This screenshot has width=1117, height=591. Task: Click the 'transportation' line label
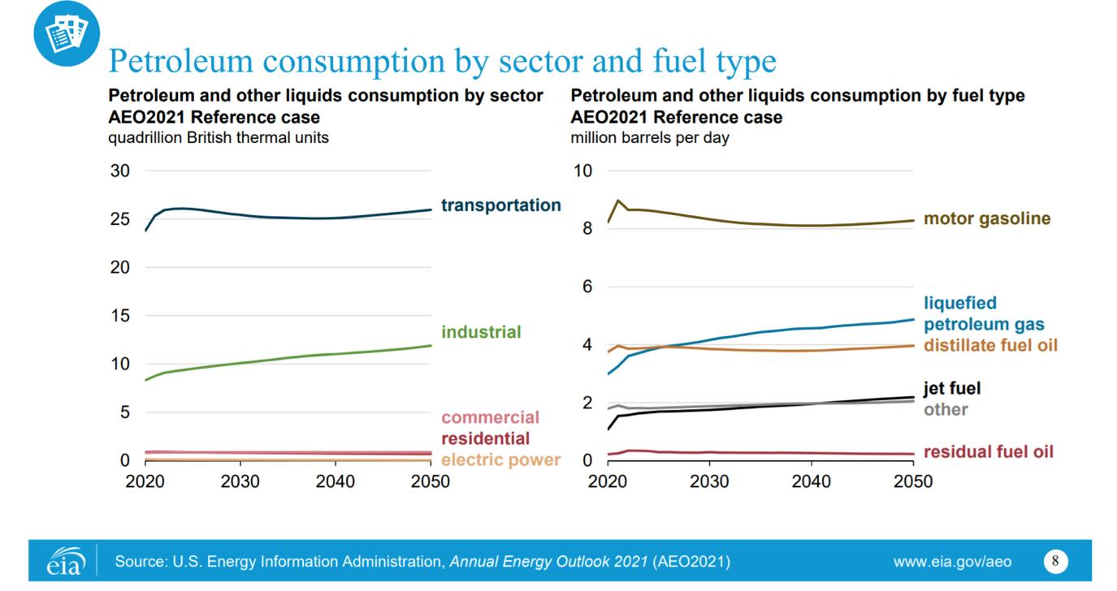pos(500,205)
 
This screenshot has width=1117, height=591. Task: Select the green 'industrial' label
pos(481,332)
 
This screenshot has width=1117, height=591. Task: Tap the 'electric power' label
pos(500,460)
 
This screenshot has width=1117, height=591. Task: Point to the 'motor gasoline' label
pos(987,219)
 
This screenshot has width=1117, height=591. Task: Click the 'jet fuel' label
pos(952,389)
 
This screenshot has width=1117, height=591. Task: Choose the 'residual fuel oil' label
pos(988,451)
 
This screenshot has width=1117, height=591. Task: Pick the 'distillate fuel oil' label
pos(990,346)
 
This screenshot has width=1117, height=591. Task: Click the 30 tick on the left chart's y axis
pos(119,171)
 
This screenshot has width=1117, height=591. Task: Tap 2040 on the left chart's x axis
pos(336,481)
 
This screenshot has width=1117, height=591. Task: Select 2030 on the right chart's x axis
pos(709,481)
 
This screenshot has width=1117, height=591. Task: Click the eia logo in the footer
pos(66,562)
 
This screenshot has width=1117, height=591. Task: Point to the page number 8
pos(1055,561)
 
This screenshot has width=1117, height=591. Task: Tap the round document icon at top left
pos(67,33)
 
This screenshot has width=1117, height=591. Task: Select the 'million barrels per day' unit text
pos(650,138)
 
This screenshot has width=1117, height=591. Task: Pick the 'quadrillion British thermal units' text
pos(219,138)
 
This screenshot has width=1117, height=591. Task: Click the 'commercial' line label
pos(490,418)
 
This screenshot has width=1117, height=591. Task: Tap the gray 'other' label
pos(946,409)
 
